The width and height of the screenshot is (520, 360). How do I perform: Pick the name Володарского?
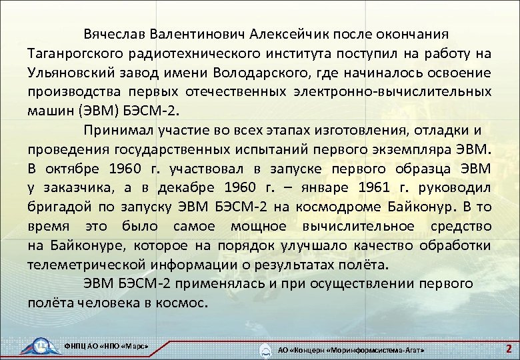[281, 72]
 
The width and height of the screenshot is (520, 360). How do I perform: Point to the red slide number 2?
[508, 348]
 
